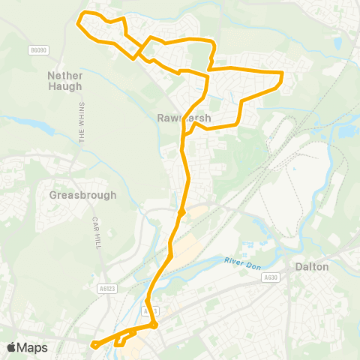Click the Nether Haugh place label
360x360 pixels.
pos(69,81)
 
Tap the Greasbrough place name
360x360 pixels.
pos(82,195)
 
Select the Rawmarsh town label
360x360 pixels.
pos(184,118)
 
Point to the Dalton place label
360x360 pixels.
pos(310,266)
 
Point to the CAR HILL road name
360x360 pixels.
pos(97,233)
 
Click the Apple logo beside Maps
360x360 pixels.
pos(11,347)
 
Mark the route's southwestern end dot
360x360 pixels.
pos(95,345)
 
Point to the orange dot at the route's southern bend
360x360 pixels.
pos(154,325)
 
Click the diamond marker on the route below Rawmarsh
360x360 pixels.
pos(181,212)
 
